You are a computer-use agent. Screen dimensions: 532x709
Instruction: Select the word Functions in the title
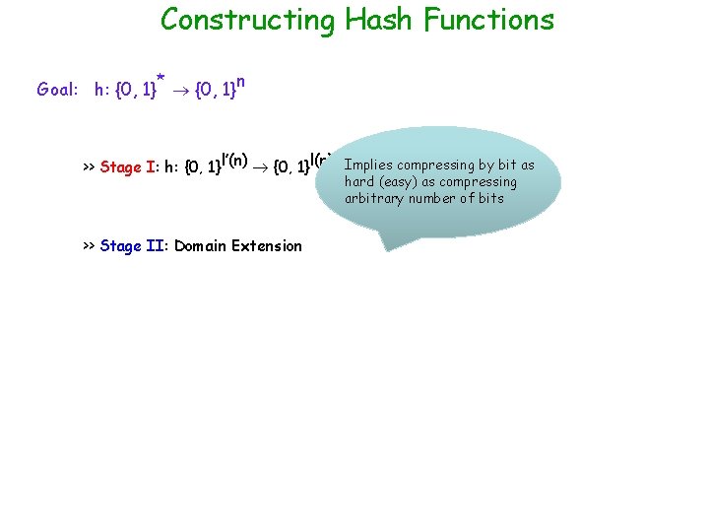pyautogui.click(x=488, y=20)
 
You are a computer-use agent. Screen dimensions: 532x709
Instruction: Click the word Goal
pyautogui.click(x=56, y=90)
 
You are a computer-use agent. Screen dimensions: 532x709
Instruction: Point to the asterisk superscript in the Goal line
pyautogui.click(x=160, y=76)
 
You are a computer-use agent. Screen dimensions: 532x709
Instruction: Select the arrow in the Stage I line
pyautogui.click(x=262, y=166)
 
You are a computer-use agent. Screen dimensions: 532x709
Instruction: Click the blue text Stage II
pyautogui.click(x=132, y=246)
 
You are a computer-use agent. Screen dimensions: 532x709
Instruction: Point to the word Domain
pyautogui.click(x=201, y=246)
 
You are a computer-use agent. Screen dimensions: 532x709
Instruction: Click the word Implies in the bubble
pyautogui.click(x=368, y=166)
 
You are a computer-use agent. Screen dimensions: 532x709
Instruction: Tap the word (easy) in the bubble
pyautogui.click(x=397, y=182)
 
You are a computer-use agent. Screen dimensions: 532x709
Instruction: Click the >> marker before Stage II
pyautogui.click(x=89, y=246)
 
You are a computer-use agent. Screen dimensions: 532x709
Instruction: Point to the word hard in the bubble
pyautogui.click(x=358, y=182)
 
